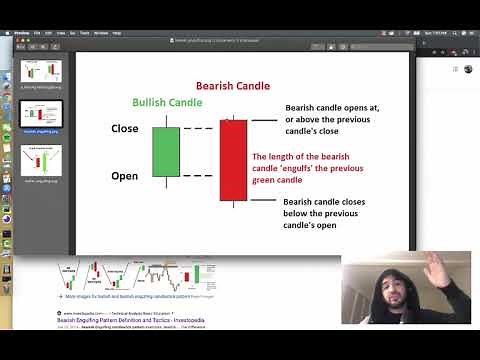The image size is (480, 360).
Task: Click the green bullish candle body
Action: [x=166, y=151]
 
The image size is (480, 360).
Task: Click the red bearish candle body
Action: [x=233, y=160]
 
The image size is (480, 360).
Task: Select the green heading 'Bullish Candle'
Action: [x=167, y=103]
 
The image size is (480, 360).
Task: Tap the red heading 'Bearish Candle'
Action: [x=232, y=87]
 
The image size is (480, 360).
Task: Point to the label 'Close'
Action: [x=125, y=129]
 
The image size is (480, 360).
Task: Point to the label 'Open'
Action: [x=125, y=176]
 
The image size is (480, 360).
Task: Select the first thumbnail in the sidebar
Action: [x=41, y=73]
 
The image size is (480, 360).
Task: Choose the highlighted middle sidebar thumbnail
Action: [x=41, y=115]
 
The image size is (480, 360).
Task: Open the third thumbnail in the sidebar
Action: [x=41, y=160]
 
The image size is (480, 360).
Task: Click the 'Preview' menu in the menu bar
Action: [x=19, y=33]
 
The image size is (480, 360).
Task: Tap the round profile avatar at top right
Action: [x=467, y=69]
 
